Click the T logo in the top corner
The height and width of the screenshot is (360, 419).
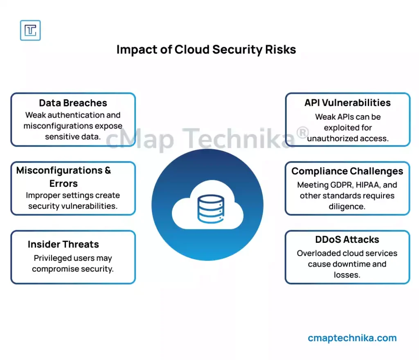30,30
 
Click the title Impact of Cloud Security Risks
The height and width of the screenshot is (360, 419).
206,50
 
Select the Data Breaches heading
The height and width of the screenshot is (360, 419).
73,103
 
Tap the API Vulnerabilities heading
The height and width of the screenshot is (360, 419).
347,103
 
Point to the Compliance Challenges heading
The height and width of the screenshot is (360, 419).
347,172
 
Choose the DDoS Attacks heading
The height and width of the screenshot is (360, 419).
347,240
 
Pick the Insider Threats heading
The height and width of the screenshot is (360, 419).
63,245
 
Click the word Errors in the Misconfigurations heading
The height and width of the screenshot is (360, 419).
63,183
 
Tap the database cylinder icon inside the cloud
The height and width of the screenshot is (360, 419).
211,209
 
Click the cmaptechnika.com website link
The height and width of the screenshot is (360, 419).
352,338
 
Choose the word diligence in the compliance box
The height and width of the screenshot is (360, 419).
347,207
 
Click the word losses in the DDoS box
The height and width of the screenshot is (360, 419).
347,275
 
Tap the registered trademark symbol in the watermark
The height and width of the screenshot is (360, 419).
302,133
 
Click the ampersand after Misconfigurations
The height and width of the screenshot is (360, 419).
108,170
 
